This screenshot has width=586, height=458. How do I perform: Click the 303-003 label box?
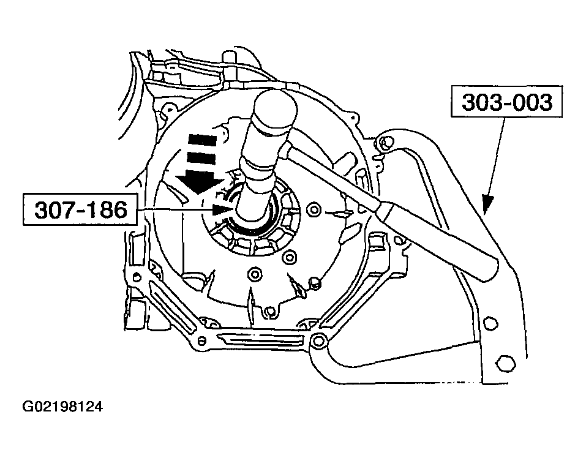(x=507, y=102)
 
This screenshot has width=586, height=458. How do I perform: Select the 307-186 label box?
(x=81, y=210)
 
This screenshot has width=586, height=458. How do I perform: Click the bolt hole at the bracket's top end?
(x=385, y=145)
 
